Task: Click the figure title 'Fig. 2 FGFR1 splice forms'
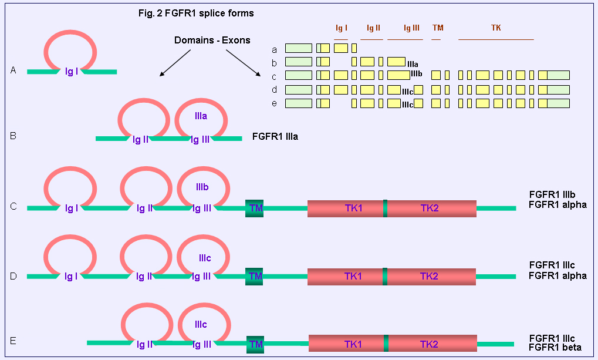[196, 14]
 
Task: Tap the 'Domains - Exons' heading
[212, 40]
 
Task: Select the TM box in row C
[254, 208]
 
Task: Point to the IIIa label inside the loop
[201, 116]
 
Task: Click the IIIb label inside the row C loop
[202, 187]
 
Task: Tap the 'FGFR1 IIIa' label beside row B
[275, 137]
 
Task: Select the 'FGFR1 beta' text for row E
[555, 348]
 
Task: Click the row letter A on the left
[13, 70]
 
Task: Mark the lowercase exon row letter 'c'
[274, 77]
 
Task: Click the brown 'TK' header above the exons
[496, 28]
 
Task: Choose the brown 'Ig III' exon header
[411, 28]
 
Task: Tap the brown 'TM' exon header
[438, 28]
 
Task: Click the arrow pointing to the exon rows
[244, 63]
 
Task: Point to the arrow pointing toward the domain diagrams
[175, 63]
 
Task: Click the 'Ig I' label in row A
[72, 72]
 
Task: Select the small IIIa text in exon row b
[413, 64]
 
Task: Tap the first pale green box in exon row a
[299, 48]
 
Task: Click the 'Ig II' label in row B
[140, 140]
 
